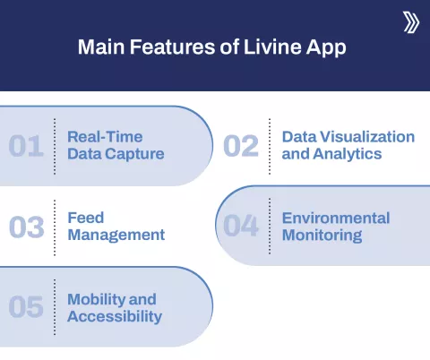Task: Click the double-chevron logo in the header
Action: pyautogui.click(x=411, y=22)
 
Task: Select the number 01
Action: pyautogui.click(x=26, y=146)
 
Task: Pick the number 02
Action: pyautogui.click(x=241, y=146)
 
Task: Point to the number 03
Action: pyautogui.click(x=26, y=227)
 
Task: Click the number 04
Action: pyautogui.click(x=241, y=227)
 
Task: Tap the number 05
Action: pyautogui.click(x=26, y=307)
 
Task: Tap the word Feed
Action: pyautogui.click(x=85, y=218)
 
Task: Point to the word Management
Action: pyautogui.click(x=116, y=235)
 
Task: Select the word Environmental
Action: pyautogui.click(x=336, y=218)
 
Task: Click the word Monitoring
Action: pyautogui.click(x=322, y=236)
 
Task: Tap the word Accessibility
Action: pyautogui.click(x=115, y=316)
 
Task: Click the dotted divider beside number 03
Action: pyautogui.click(x=55, y=227)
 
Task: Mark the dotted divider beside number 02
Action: pyautogui.click(x=270, y=146)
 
